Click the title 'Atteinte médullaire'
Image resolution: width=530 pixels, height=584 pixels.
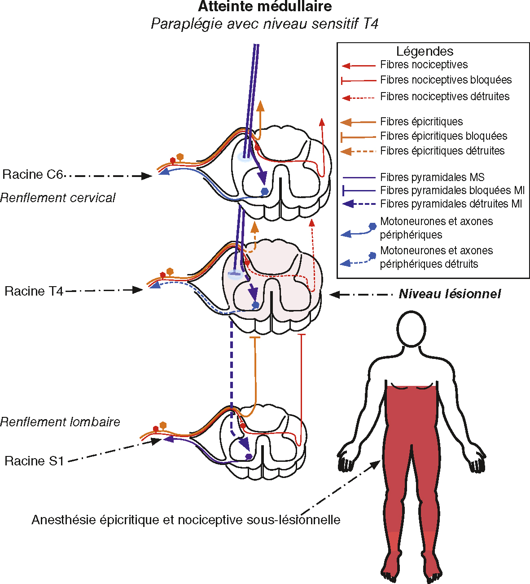click(x=265, y=7)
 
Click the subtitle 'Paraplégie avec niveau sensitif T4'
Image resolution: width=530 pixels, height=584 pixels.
click(x=265, y=23)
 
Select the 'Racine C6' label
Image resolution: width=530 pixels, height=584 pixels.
click(x=32, y=174)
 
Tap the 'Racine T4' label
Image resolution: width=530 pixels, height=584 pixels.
click(x=34, y=291)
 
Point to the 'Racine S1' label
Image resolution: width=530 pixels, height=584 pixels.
click(x=34, y=461)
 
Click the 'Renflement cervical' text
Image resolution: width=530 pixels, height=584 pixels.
click(x=57, y=198)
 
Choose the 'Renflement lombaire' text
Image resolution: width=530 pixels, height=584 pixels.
click(x=60, y=422)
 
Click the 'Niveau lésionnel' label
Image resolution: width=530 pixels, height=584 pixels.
click(x=450, y=294)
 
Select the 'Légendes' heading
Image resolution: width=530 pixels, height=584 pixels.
click(x=425, y=51)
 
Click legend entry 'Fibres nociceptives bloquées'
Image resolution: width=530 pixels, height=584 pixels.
click(x=446, y=80)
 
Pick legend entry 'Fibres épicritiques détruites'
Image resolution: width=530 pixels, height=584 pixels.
click(x=442, y=151)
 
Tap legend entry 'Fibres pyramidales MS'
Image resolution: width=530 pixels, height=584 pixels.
click(x=432, y=177)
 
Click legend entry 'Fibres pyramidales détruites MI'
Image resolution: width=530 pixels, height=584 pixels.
click(x=451, y=204)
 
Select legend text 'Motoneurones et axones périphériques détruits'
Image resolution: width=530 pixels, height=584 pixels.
click(x=436, y=257)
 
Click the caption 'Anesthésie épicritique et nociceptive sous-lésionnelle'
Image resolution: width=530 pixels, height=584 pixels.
click(x=186, y=520)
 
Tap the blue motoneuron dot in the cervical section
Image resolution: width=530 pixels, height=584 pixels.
click(x=265, y=191)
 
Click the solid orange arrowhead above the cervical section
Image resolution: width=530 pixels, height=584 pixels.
click(x=260, y=106)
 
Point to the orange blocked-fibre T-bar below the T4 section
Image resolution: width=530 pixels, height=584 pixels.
click(x=254, y=337)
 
